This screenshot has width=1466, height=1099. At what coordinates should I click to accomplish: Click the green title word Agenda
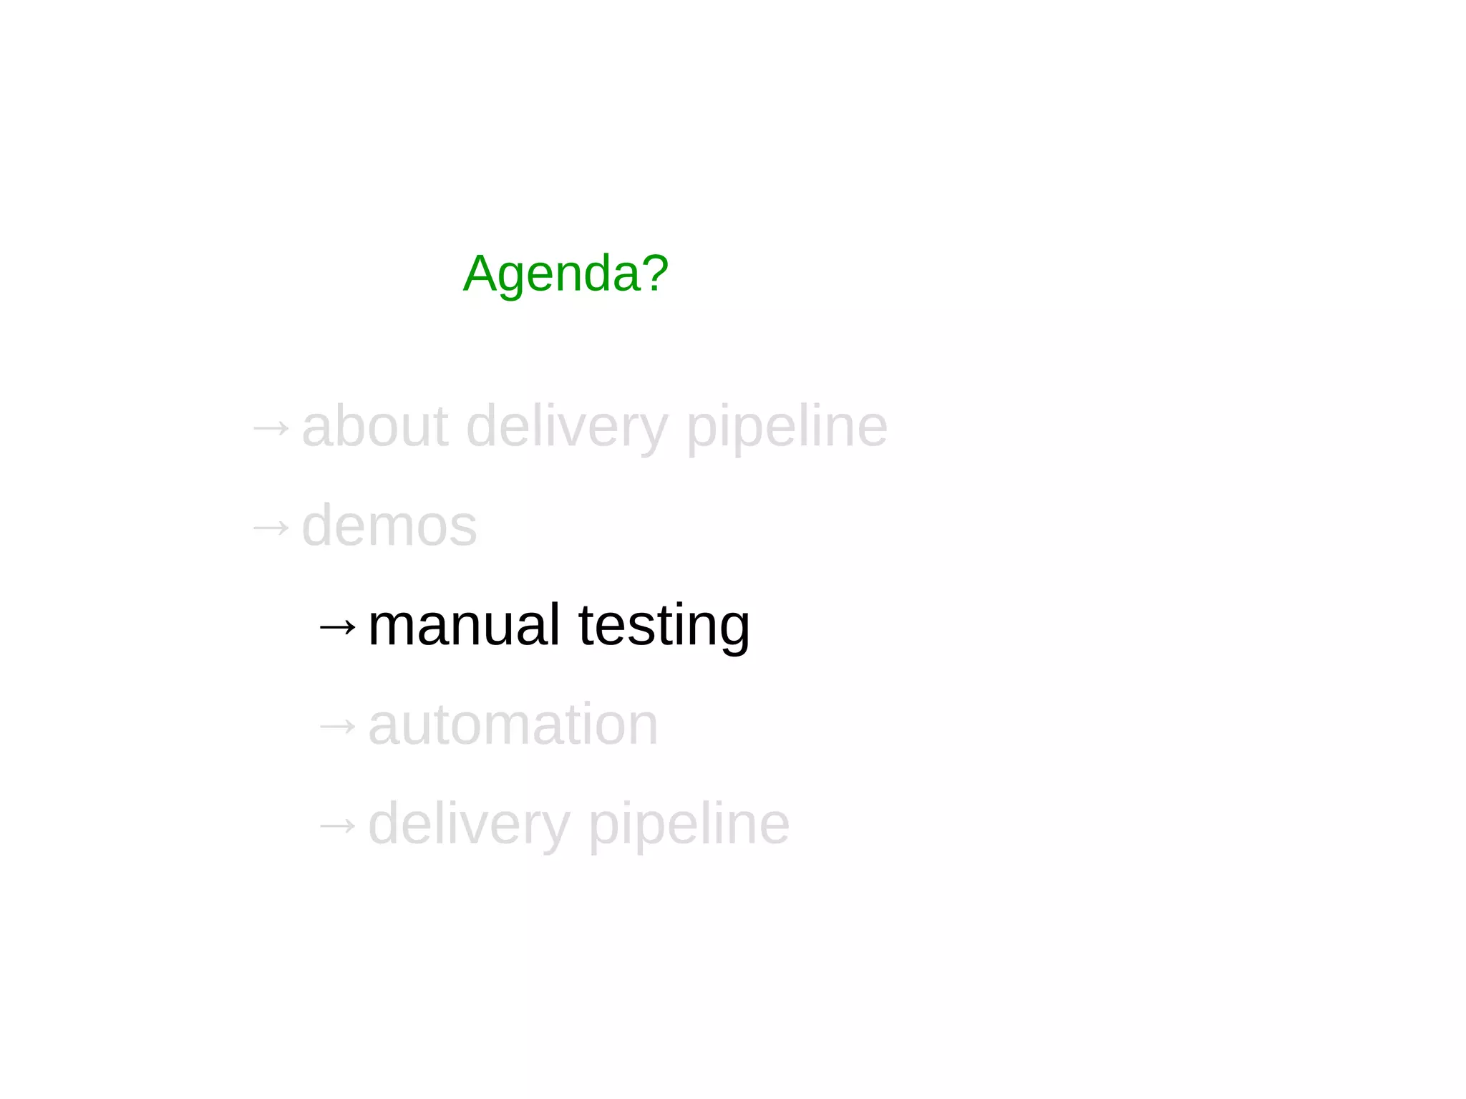point(553,274)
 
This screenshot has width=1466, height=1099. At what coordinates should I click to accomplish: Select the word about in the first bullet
point(375,427)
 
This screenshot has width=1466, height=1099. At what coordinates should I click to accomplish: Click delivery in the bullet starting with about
point(566,427)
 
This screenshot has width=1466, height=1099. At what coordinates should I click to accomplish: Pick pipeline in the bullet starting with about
point(787,427)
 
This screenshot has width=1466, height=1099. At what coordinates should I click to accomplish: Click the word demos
point(389,526)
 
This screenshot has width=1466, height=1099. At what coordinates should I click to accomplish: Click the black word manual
point(463,625)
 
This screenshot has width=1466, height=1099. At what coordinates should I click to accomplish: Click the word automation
point(513,725)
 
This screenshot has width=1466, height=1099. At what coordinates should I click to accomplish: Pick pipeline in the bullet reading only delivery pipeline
point(689,824)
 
